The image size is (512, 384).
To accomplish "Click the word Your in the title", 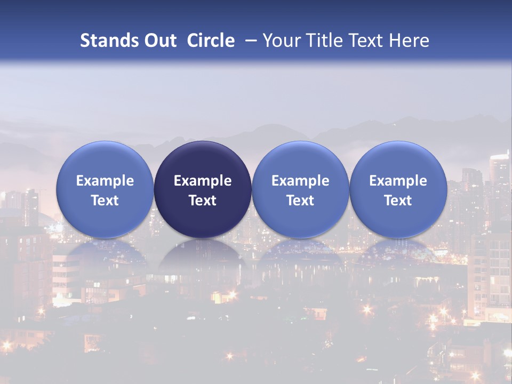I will point(280,41).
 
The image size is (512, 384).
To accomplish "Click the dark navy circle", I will point(203,189).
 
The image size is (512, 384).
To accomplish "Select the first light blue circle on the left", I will point(105,189).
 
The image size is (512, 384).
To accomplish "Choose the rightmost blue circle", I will point(398,189).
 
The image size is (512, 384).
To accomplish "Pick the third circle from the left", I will point(300,189).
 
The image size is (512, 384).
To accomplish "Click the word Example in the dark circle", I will point(203,181).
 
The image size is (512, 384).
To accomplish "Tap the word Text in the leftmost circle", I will point(105,201).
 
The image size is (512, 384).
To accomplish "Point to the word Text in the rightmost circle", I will point(398,201).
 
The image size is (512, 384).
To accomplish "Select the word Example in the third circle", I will point(300,181).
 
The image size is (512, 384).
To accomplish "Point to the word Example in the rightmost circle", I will point(398,181).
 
